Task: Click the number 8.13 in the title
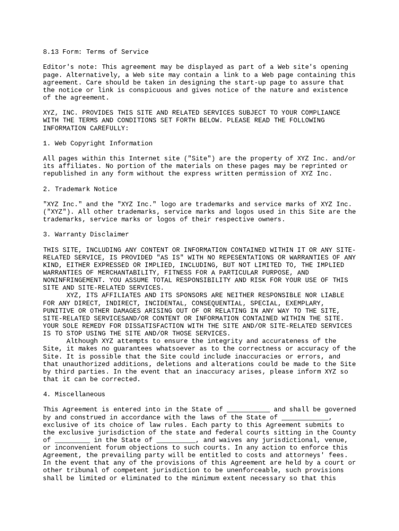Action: click(51, 52)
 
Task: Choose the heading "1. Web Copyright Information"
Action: click(97, 143)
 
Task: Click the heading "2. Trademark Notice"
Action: click(80, 189)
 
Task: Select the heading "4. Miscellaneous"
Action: click(74, 394)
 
